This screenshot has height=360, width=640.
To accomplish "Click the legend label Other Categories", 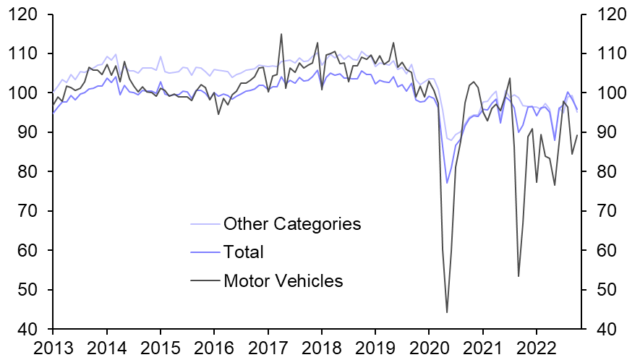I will pyautogui.click(x=291, y=223).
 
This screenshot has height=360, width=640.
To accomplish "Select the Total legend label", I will pyautogui.click(x=244, y=252).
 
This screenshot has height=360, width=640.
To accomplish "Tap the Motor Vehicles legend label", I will pyautogui.click(x=283, y=280).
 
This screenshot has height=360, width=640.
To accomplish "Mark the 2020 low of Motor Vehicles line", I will pyautogui.click(x=447, y=312).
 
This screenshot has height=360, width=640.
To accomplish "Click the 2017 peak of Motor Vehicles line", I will pyautogui.click(x=281, y=34).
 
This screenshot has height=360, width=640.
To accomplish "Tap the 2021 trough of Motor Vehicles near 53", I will pyautogui.click(x=519, y=276).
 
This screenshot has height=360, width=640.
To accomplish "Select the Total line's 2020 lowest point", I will pyautogui.click(x=447, y=183).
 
